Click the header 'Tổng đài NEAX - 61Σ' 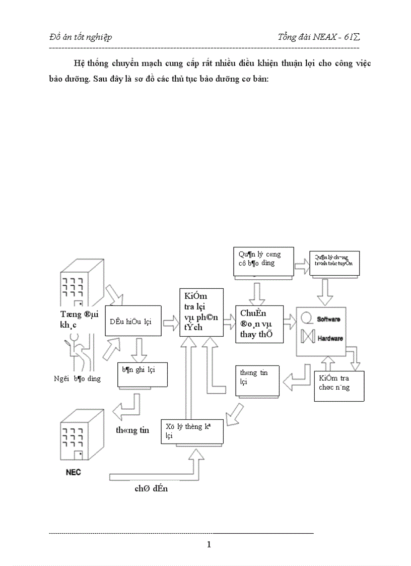(318, 37)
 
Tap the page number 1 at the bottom (209, 544)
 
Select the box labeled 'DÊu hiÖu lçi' (133, 321)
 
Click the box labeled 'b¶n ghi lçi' (142, 374)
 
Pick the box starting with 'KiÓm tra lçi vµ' (201, 312)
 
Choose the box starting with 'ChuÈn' (259, 324)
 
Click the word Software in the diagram (328, 320)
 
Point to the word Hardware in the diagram (329, 338)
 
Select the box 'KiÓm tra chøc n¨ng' (338, 386)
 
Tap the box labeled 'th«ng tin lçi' (257, 380)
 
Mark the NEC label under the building (73, 472)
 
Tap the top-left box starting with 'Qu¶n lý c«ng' (263, 262)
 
